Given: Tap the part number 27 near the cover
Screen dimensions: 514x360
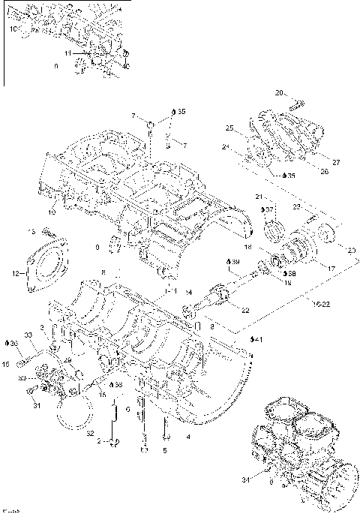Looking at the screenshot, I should pyautogui.click(x=335, y=161).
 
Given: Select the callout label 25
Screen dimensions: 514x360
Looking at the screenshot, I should pyautogui.click(x=229, y=128).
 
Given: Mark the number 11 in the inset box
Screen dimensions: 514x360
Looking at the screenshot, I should pyautogui.click(x=67, y=54).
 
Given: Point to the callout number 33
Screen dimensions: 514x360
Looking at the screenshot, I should pyautogui.click(x=28, y=335).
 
